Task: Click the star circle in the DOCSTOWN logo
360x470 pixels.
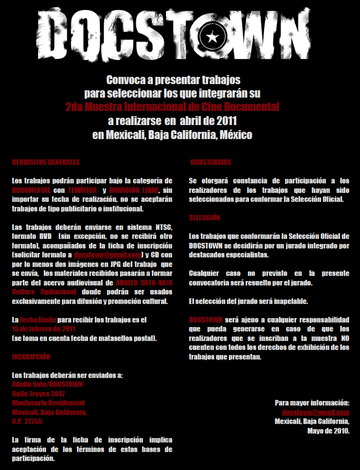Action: pos(213,37)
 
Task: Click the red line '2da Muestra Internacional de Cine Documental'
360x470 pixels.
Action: pos(172,105)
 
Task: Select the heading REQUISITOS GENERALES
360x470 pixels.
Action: pos(46,162)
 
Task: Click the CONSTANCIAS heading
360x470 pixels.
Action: pos(210,162)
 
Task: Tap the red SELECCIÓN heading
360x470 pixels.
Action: pos(205,217)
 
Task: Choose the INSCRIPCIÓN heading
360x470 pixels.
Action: pos(31,357)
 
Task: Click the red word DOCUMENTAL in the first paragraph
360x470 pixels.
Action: pos(31,190)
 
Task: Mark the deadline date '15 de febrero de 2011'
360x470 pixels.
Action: pos(44,329)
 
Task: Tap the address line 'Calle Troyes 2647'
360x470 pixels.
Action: pos(39,394)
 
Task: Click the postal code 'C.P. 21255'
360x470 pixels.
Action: pos(27,421)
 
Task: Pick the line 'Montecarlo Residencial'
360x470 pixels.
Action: pos(48,403)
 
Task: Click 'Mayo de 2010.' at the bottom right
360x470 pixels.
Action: pos(329,431)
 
